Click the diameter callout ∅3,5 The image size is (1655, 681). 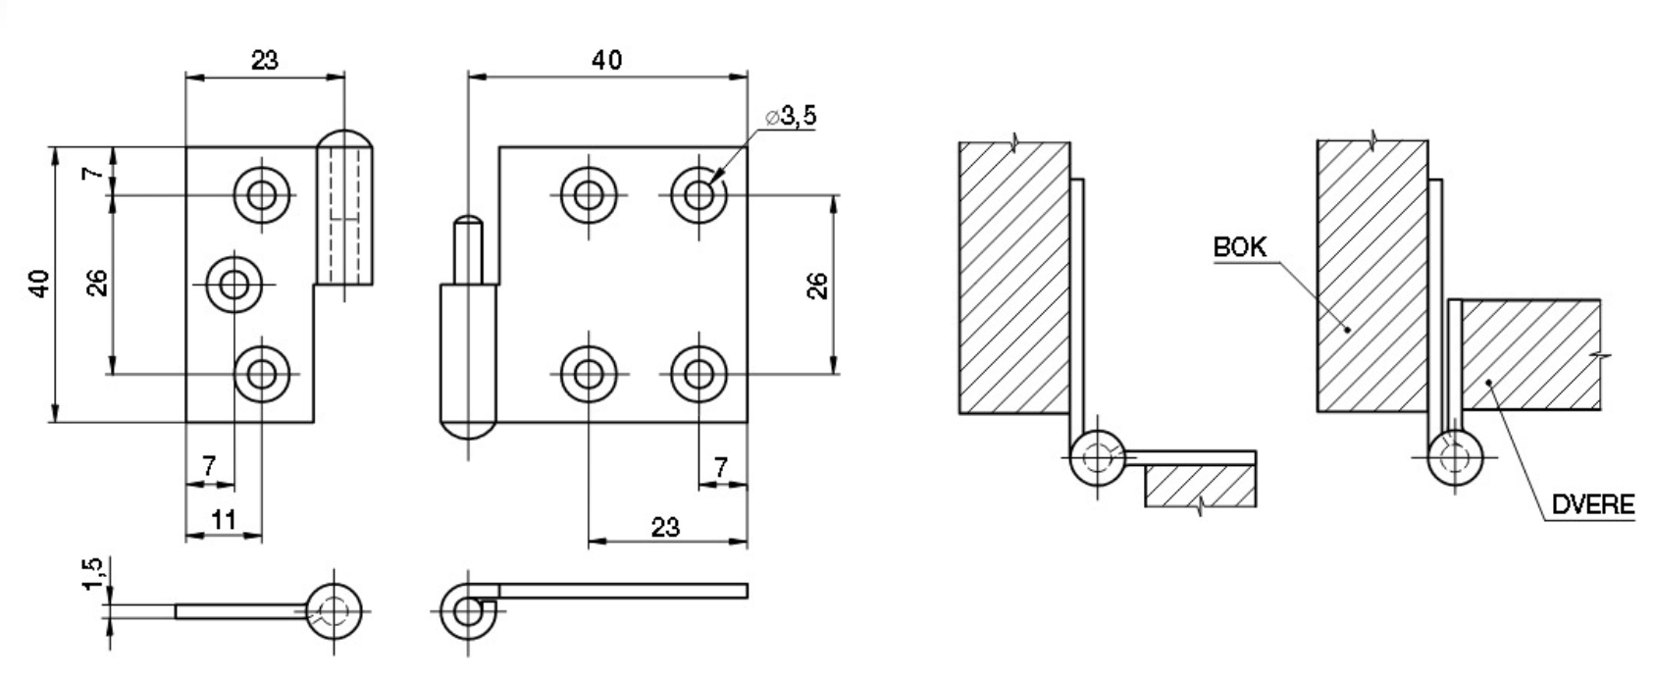(x=791, y=118)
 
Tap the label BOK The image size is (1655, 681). (x=1239, y=247)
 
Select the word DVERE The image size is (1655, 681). (x=1592, y=505)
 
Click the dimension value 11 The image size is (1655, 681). (x=224, y=519)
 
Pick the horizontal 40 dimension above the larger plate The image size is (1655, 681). (x=606, y=60)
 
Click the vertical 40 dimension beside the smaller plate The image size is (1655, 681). (x=39, y=285)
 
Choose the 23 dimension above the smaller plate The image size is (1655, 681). (x=264, y=60)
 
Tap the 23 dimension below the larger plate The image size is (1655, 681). (x=665, y=527)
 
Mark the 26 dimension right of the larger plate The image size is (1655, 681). (x=817, y=285)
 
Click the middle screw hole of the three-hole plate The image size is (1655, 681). (x=234, y=285)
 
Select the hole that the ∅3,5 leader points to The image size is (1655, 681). (x=698, y=194)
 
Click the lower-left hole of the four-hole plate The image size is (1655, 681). (x=589, y=374)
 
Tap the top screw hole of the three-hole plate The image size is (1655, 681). (x=262, y=194)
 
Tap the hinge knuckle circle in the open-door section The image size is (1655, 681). (x=1098, y=458)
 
